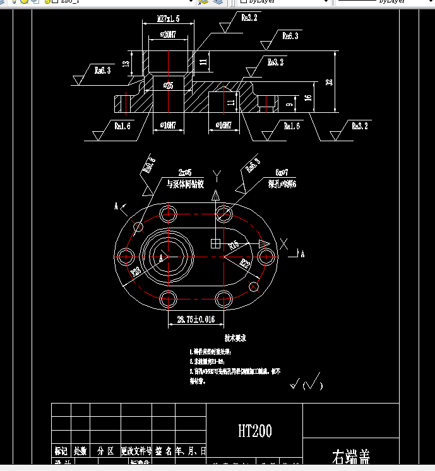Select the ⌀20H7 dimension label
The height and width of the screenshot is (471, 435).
click(168, 34)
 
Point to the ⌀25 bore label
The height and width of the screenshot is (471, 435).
click(169, 84)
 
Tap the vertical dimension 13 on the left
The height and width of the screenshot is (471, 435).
click(126, 64)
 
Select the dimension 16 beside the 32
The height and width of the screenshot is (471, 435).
click(307, 98)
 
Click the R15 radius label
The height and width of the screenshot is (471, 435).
click(234, 244)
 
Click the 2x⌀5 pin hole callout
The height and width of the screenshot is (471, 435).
click(185, 172)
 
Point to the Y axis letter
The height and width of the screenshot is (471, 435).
click(217, 173)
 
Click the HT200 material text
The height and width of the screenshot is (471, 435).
click(255, 431)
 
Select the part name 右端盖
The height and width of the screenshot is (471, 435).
click(351, 456)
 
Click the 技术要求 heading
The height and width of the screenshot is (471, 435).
click(235, 338)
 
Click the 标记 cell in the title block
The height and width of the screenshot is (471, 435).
click(61, 451)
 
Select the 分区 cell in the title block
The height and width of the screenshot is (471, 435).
click(105, 451)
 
